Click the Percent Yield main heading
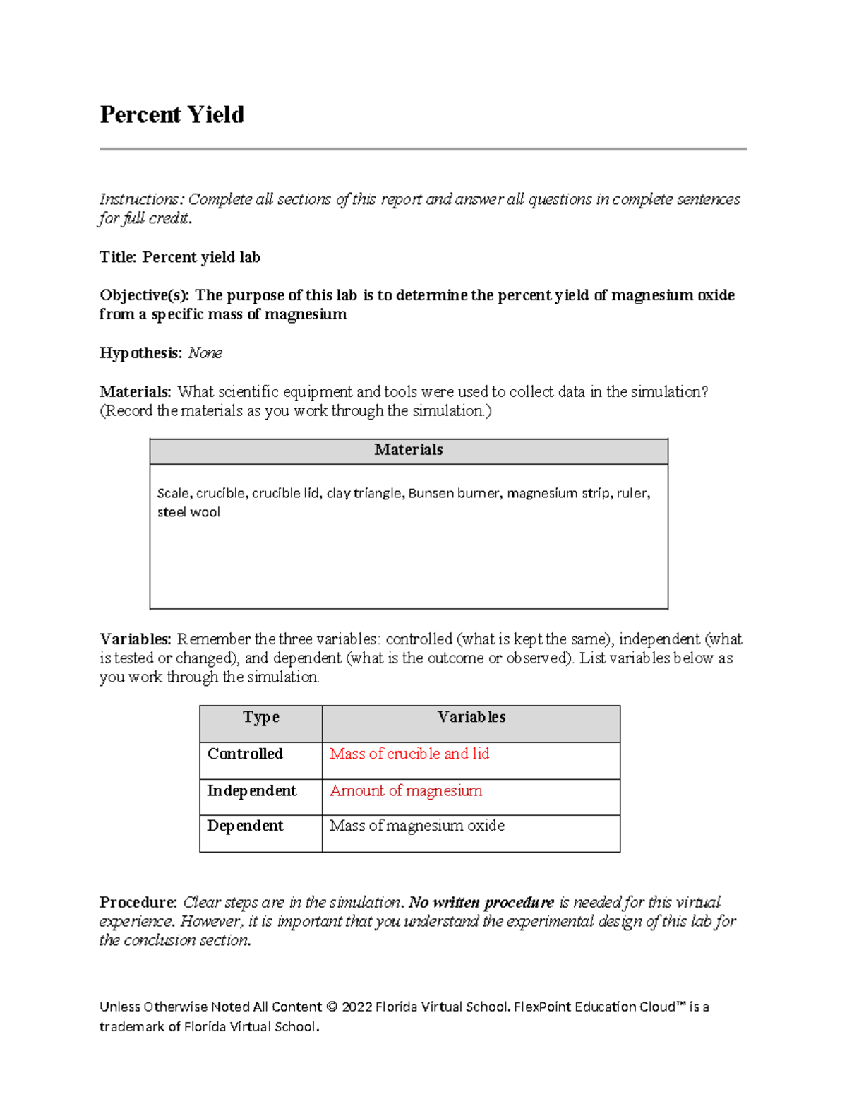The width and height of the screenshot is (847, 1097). pyautogui.click(x=172, y=114)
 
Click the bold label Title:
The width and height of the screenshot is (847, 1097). pyautogui.click(x=118, y=257)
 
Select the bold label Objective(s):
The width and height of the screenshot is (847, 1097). pyautogui.click(x=145, y=295)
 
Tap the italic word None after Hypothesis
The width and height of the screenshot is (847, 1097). pyautogui.click(x=205, y=353)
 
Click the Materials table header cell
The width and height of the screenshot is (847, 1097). pyautogui.click(x=408, y=450)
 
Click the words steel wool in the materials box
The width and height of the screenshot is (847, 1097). pyautogui.click(x=188, y=512)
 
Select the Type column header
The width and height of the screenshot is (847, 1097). pyautogui.click(x=260, y=717)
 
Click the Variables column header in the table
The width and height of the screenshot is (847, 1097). pyautogui.click(x=471, y=717)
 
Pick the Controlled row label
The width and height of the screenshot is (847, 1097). pyautogui.click(x=245, y=754)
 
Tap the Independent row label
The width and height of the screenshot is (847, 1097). pyautogui.click(x=251, y=790)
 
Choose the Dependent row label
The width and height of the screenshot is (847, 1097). pyautogui.click(x=245, y=826)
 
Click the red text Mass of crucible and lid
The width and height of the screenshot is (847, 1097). pyautogui.click(x=409, y=754)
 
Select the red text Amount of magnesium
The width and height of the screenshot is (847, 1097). pyautogui.click(x=406, y=790)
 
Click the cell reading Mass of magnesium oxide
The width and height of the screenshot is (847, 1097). pyautogui.click(x=416, y=826)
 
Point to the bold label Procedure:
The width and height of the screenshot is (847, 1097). pyautogui.click(x=138, y=902)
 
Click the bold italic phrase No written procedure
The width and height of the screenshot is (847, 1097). pyautogui.click(x=481, y=902)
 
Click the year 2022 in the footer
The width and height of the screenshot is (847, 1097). pyautogui.click(x=356, y=1007)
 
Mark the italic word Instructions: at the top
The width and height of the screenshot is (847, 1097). pyautogui.click(x=140, y=200)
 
